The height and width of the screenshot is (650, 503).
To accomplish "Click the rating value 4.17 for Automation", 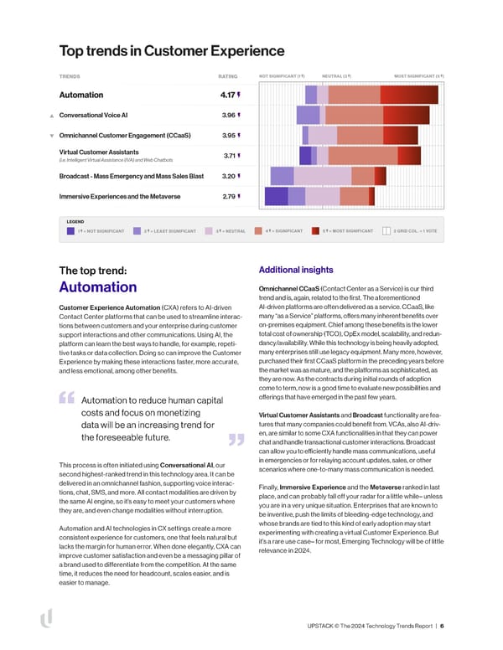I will click(221, 95).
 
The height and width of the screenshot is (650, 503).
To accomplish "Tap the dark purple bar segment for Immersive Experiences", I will click(276, 196).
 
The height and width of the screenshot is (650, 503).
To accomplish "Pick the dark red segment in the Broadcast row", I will click(380, 176).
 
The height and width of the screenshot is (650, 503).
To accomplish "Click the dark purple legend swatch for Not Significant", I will click(71, 230).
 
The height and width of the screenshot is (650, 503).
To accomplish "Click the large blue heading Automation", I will click(98, 287).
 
